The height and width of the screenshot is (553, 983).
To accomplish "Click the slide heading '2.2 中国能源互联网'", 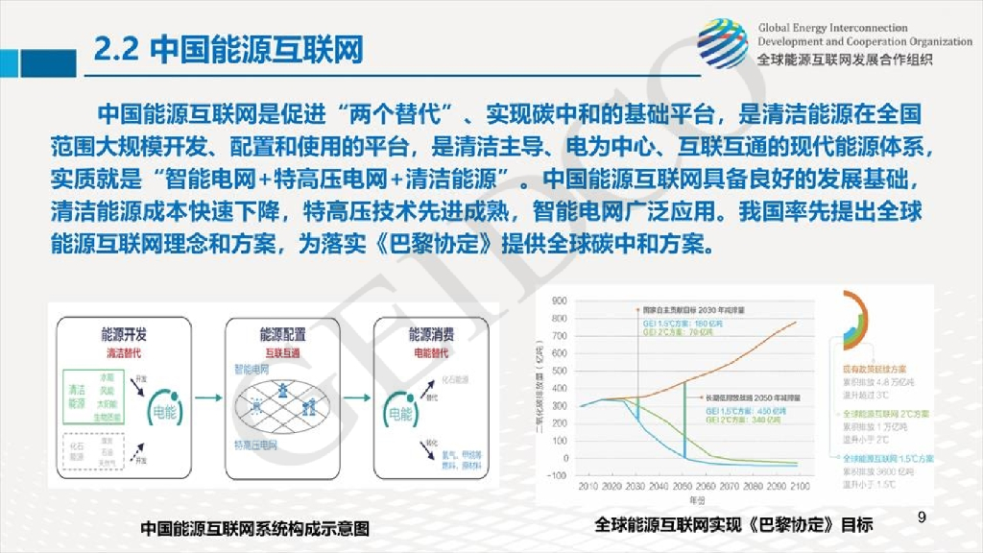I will coord(228,50).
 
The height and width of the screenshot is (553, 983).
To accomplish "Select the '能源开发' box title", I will coord(124,335).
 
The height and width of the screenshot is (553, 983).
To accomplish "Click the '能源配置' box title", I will coord(282,335).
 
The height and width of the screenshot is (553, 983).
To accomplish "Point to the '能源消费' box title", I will coord(431,335).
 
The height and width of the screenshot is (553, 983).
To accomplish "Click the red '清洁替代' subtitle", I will coord(124,352).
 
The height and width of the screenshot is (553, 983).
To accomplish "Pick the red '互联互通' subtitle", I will coord(282,352).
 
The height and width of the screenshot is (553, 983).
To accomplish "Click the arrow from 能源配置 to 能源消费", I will coord(358,396).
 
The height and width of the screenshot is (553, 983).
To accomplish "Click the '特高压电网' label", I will coord(257,445).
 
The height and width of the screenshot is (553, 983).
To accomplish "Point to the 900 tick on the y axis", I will coord(560,301).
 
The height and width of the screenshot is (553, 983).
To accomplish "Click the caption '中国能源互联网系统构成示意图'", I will coord(254,529).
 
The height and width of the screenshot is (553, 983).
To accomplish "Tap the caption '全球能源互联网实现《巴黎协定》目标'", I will coord(733,525).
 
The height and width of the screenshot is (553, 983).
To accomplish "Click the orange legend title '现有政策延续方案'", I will coord(875,369).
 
